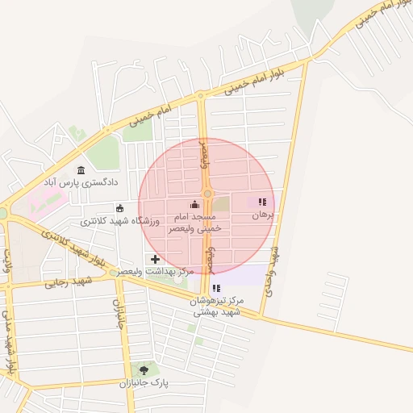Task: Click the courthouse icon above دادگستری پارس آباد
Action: [x=81, y=170]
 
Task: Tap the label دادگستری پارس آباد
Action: [x=81, y=183]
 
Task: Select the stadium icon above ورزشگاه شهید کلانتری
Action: [x=120, y=208]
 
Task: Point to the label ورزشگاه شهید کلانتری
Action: [x=120, y=220]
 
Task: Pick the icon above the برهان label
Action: [x=261, y=202]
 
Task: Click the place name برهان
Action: [x=263, y=215]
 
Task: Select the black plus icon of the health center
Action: [x=155, y=259]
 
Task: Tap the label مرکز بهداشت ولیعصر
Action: [x=156, y=273]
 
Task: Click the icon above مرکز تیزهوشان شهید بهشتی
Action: [x=215, y=288]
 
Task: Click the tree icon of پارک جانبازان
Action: [x=144, y=370]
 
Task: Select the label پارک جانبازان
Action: [x=143, y=383]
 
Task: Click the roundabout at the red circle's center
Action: [x=207, y=194]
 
